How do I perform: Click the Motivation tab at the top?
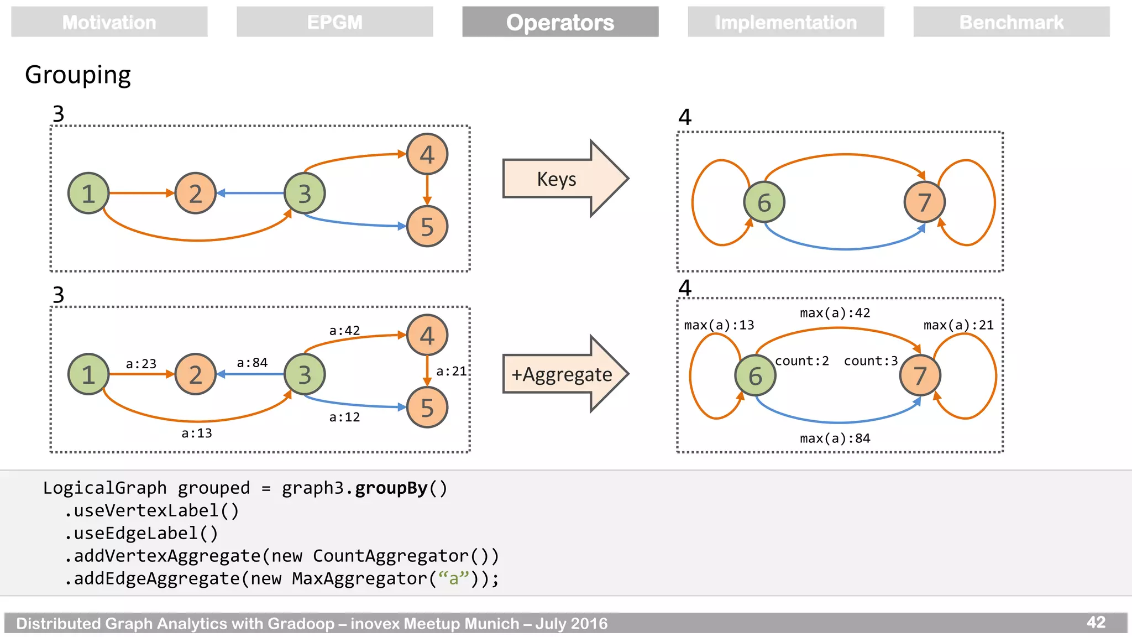pyautogui.click(x=109, y=22)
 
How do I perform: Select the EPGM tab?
pyautogui.click(x=334, y=22)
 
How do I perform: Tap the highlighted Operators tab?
pyautogui.click(x=560, y=22)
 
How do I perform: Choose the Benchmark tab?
pyautogui.click(x=1011, y=22)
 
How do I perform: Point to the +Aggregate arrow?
pyautogui.click(x=562, y=374)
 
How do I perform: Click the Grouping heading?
pyautogui.click(x=78, y=75)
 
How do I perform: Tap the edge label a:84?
pyautogui.click(x=252, y=363)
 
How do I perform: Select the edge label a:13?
pyautogui.click(x=197, y=433)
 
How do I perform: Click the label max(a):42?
pyautogui.click(x=835, y=313)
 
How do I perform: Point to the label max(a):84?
pyautogui.click(x=835, y=438)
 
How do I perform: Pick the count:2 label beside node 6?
pyautogui.click(x=801, y=361)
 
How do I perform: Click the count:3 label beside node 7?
pyautogui.click(x=871, y=361)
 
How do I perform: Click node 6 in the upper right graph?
pyautogui.click(x=764, y=202)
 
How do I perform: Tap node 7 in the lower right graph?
pyautogui.click(x=920, y=375)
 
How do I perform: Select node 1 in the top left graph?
pyautogui.click(x=88, y=194)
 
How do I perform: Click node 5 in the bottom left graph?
pyautogui.click(x=427, y=408)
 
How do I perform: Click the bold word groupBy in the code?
pyautogui.click(x=391, y=488)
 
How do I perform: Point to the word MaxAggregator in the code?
pyautogui.click(x=359, y=578)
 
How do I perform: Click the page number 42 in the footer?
pyautogui.click(x=1096, y=622)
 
